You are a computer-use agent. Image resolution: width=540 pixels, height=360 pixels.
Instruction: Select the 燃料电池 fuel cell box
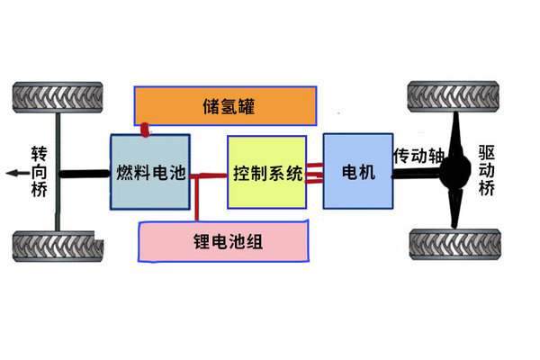pyautogui.click(x=150, y=172)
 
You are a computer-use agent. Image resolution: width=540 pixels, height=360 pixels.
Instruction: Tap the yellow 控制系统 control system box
pyautogui.click(x=267, y=172)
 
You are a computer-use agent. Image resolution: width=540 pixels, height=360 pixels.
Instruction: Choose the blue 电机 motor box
pyautogui.click(x=357, y=171)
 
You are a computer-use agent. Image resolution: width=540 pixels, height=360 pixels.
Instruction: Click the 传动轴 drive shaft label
pyautogui.click(x=418, y=155)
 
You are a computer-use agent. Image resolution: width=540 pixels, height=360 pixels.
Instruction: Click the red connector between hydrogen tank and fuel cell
pyautogui.click(x=144, y=130)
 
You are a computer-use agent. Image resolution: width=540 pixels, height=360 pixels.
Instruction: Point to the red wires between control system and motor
pyautogui.click(x=315, y=172)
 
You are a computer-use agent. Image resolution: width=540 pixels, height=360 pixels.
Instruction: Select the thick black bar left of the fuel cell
pyautogui.click(x=85, y=173)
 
